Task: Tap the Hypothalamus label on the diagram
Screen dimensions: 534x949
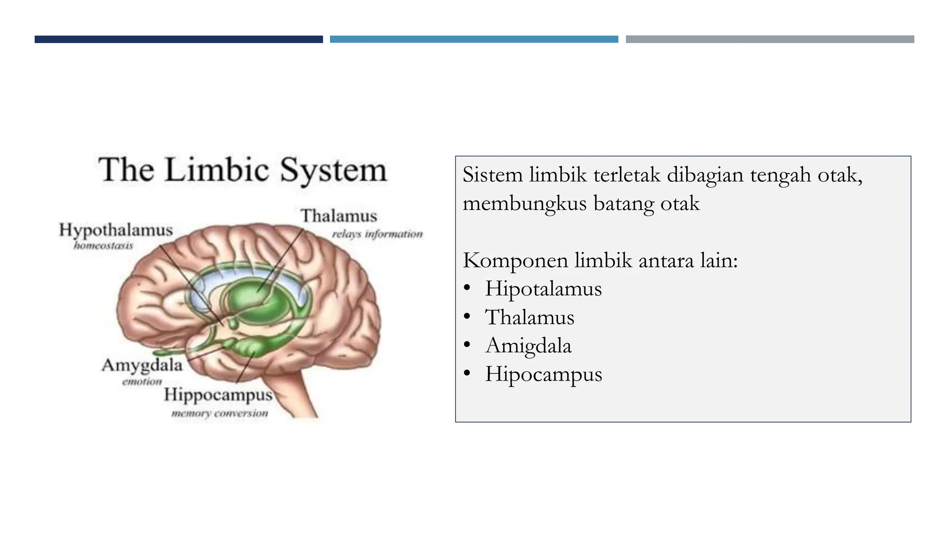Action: (x=116, y=230)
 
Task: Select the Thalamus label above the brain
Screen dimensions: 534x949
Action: (x=339, y=216)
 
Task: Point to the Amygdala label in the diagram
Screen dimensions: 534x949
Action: (x=142, y=365)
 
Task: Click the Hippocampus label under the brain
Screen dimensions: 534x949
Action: (x=218, y=395)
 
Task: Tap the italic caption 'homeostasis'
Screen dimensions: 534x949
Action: (x=103, y=245)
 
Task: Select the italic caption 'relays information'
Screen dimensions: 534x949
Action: (x=377, y=234)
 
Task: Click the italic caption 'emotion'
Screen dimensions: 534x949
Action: (x=142, y=381)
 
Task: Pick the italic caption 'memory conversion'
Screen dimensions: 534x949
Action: (x=220, y=413)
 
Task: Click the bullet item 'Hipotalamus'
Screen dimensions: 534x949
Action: (x=543, y=289)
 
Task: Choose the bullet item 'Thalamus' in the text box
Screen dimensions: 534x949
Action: (x=529, y=318)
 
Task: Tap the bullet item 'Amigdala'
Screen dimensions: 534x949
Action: (x=528, y=346)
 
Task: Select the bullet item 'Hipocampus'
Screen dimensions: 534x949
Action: (x=543, y=374)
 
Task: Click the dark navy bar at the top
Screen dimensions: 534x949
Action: (x=178, y=39)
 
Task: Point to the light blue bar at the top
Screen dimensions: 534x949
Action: (x=474, y=39)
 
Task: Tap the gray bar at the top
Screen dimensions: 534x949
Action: (x=770, y=39)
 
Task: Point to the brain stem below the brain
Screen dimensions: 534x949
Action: (x=297, y=394)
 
